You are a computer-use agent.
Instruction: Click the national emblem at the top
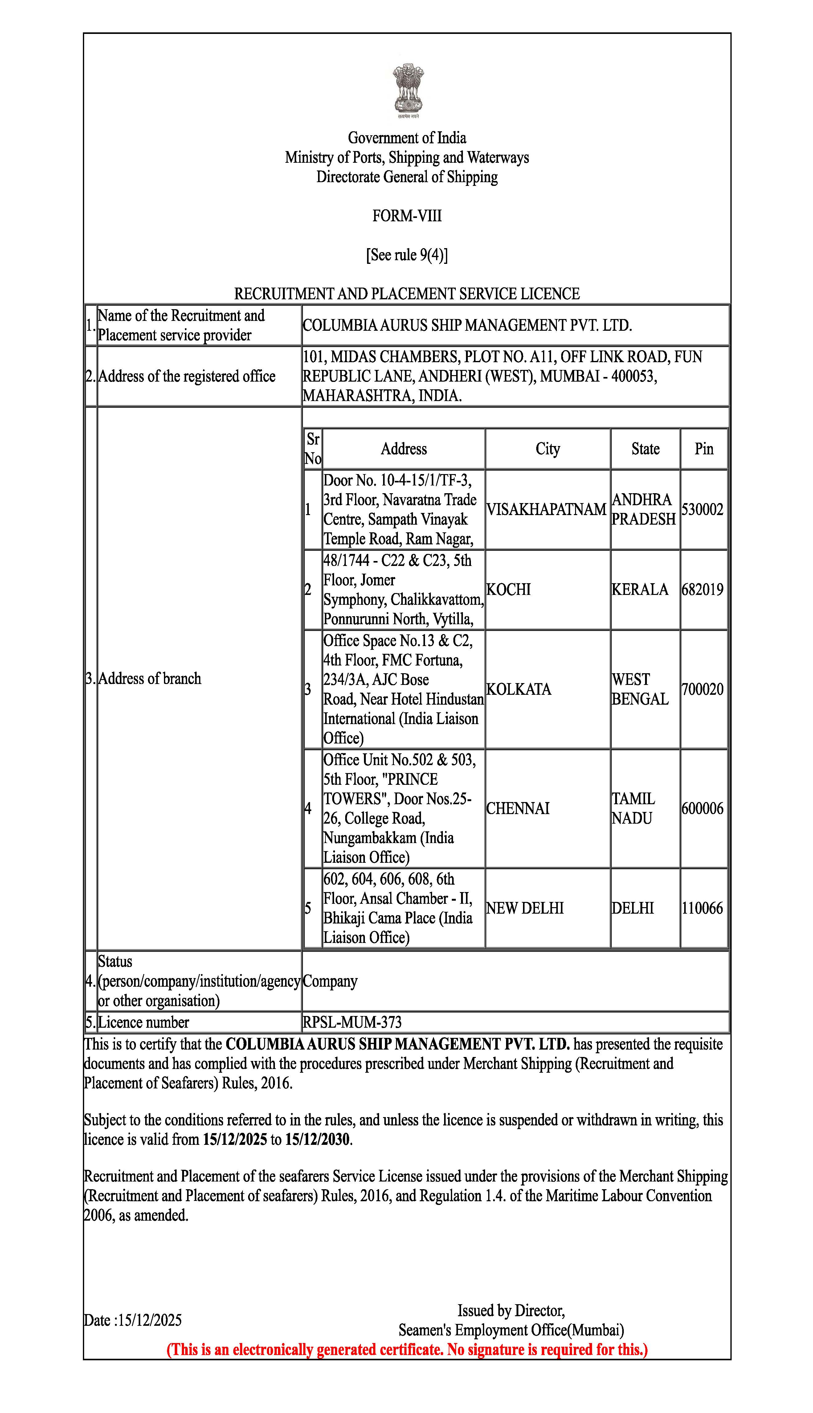[x=407, y=91]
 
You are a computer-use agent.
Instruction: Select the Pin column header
[x=704, y=449]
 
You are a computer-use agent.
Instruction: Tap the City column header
[x=547, y=449]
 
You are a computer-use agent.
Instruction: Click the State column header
[x=645, y=449]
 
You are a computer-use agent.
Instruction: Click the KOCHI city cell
[x=508, y=590]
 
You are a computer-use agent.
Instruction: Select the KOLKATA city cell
[x=518, y=689]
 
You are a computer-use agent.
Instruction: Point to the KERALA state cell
[x=639, y=590]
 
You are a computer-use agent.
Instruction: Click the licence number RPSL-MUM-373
[x=352, y=1023]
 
